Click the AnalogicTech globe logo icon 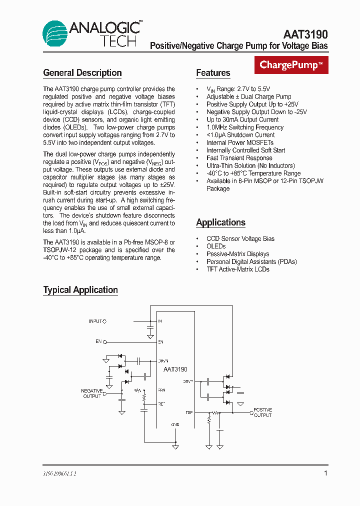coord(55,34)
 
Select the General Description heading coord(82,73)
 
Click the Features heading coord(213,73)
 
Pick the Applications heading coord(220,222)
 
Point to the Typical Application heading coord(80,290)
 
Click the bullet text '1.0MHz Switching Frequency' coord(245,127)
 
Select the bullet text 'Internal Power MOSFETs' coord(240,142)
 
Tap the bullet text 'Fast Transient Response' coord(239,158)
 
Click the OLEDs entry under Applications coord(216,246)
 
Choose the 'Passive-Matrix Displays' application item coord(238,254)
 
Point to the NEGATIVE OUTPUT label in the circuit coord(92,393)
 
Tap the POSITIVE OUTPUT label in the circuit coord(263,412)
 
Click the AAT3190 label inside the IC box coord(175,369)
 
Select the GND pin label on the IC coord(175,424)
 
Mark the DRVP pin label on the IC coord(188,381)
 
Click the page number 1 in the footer coord(325,473)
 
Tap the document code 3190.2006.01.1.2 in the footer coord(59,473)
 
